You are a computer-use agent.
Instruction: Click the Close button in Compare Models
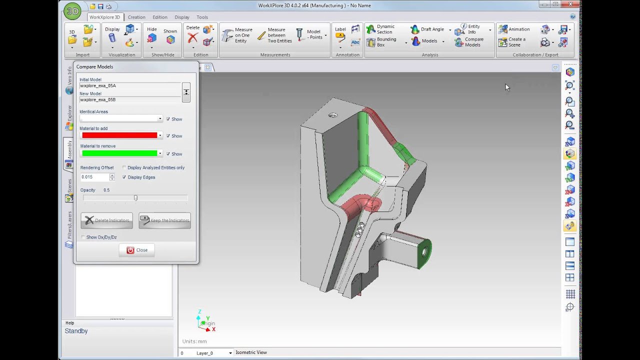pos(136,250)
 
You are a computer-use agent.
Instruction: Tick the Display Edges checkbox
pos(124,177)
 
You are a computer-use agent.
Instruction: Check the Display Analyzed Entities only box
pos(124,167)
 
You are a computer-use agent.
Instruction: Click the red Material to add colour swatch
pos(119,135)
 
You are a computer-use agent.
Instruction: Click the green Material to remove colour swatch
pos(119,153)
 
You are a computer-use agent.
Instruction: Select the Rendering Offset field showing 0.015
pos(94,177)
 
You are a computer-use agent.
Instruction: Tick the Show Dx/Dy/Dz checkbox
pos(83,237)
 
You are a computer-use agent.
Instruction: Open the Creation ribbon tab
pos(136,17)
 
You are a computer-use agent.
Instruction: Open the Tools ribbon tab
pos(202,17)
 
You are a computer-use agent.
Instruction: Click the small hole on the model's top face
pos(332,115)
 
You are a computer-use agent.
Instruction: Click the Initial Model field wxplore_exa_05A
pos(129,85)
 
